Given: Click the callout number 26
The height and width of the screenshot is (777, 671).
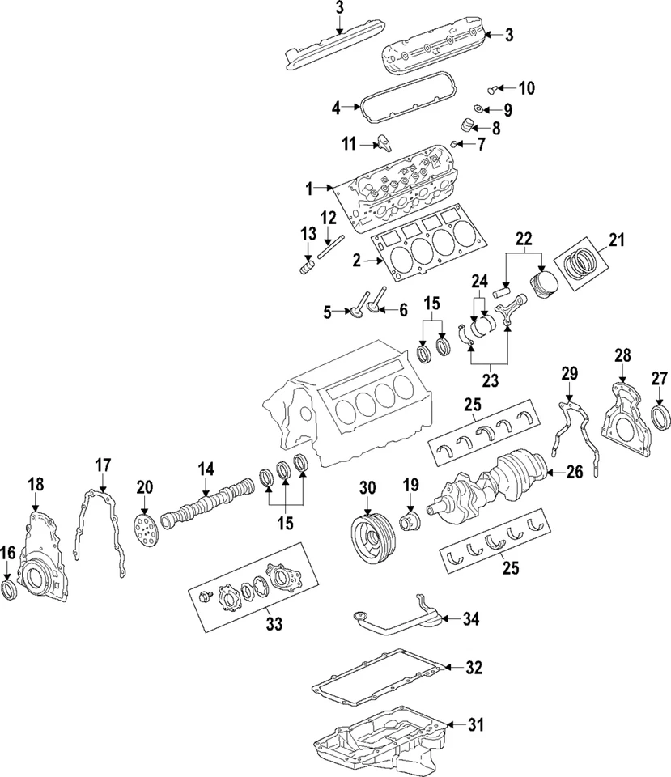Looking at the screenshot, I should point(574,473).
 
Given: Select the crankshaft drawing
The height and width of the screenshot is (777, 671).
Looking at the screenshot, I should point(491,486).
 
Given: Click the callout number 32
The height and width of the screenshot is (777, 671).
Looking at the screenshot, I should point(474,668).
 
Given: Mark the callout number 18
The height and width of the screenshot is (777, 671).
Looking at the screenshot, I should point(36,484).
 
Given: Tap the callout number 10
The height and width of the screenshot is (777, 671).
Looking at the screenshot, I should point(526,87).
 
